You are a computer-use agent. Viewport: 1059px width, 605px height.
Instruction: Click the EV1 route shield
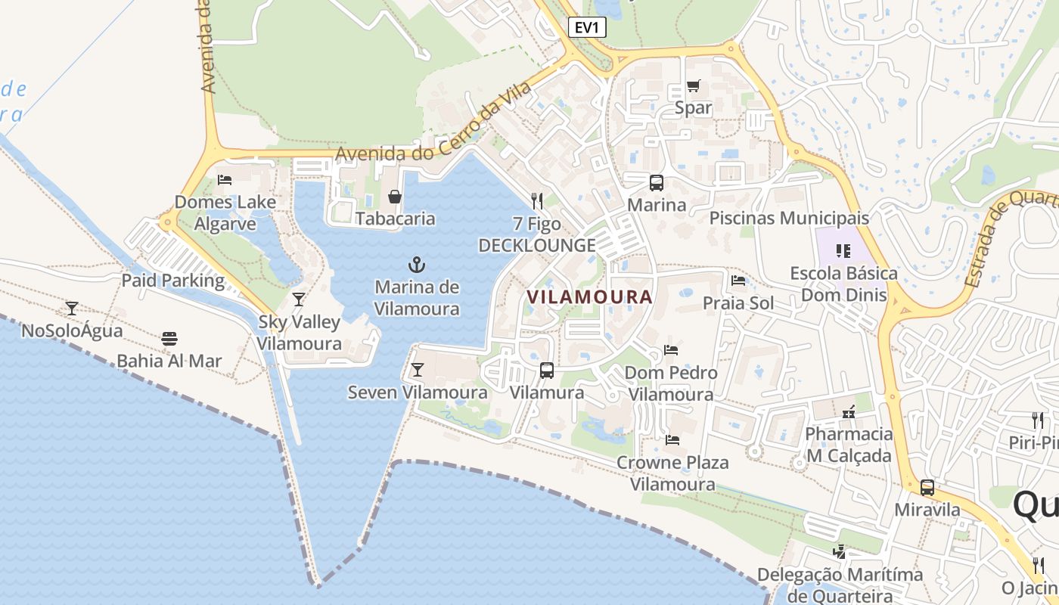click(587, 28)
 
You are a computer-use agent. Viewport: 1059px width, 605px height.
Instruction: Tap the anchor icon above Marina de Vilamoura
click(417, 265)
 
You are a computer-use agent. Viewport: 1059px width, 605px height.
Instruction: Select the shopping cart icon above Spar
click(693, 85)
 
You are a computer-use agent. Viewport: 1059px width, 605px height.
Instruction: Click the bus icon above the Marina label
click(656, 182)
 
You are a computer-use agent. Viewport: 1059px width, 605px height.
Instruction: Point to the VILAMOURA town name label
click(589, 297)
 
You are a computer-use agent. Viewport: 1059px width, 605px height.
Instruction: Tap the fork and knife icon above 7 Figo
click(537, 201)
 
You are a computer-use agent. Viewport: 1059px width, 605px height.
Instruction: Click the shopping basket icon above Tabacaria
click(395, 197)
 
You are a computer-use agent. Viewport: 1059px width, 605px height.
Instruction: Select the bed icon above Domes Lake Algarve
click(225, 179)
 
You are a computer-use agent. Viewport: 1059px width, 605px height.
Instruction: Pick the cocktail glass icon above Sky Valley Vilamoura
click(299, 299)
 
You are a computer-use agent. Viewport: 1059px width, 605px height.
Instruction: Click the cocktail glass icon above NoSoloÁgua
click(72, 308)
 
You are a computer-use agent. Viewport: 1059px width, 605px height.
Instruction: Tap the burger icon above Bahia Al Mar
click(169, 338)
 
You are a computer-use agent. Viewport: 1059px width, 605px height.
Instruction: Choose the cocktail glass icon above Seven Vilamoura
click(417, 370)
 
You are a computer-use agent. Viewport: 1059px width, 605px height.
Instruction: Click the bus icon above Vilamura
click(547, 371)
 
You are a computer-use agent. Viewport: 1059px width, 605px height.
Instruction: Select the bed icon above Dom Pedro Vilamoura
click(670, 350)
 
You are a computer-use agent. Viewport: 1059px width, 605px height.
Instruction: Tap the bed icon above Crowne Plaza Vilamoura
click(672, 440)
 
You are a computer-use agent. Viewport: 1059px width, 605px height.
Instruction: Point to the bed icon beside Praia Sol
click(738, 281)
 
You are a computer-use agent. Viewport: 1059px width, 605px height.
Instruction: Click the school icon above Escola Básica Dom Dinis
click(843, 250)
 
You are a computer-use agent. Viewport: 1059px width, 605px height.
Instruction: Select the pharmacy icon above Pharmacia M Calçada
click(849, 412)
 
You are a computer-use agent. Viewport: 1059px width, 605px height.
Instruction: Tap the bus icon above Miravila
click(927, 488)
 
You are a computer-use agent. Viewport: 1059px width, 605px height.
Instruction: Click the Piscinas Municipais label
click(788, 219)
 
